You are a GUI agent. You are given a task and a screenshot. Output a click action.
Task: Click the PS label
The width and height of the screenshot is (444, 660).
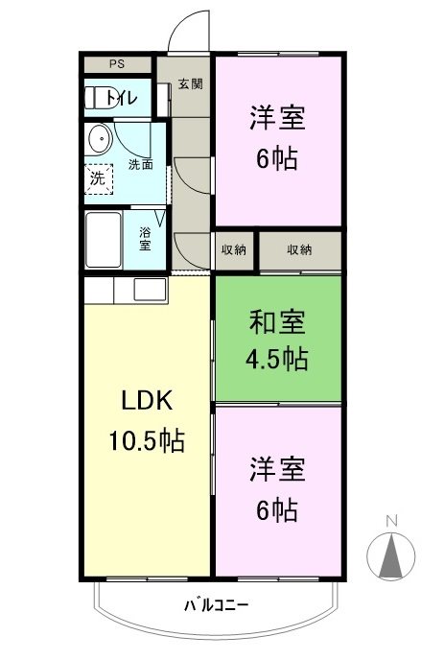117,64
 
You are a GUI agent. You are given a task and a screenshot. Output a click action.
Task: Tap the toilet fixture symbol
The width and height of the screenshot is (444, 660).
96,97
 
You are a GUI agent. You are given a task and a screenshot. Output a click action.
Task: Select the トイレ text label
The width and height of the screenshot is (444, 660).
122,97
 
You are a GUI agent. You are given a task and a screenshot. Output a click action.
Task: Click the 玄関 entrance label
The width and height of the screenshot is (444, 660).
189,83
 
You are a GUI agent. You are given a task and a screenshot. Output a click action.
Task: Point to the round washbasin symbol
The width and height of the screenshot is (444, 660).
98,141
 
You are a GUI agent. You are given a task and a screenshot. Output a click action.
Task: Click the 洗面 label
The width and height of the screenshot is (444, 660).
141,164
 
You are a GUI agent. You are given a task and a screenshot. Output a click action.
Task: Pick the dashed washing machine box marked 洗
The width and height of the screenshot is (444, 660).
98,178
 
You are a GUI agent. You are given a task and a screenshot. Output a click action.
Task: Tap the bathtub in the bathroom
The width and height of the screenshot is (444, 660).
103,240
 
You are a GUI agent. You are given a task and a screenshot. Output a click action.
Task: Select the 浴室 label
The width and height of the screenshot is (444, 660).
145,238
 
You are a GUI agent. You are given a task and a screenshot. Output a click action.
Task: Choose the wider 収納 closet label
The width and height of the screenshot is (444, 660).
299,249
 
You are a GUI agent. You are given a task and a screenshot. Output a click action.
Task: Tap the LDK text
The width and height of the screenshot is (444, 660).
145,400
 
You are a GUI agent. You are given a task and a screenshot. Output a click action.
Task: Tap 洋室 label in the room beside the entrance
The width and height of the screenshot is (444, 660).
278,118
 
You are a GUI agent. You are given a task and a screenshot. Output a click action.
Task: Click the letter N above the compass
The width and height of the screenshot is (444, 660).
390,521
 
